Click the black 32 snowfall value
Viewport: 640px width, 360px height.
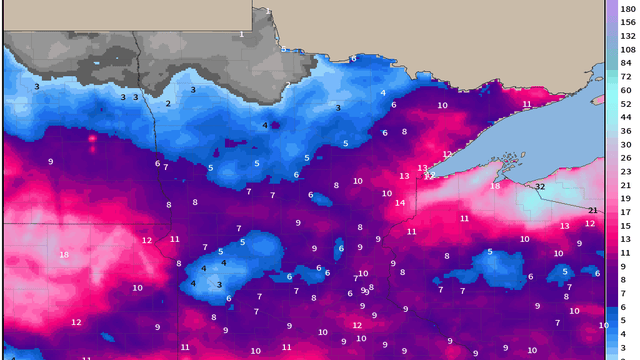pos(540,187)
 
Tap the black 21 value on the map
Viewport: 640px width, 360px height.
pos(593,210)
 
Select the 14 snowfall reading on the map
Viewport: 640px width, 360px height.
pos(400,203)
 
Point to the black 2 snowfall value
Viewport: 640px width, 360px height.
pos(168,104)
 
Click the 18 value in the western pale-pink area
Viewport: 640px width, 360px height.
pos(64,255)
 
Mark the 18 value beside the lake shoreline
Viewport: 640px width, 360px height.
pos(495,187)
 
